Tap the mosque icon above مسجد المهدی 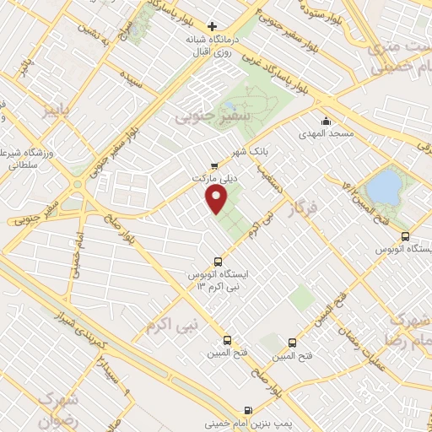326,121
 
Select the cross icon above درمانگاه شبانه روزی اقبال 213,26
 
